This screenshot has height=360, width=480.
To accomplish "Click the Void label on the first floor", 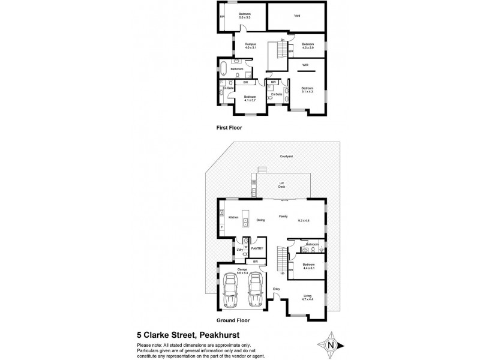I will coord(297,16).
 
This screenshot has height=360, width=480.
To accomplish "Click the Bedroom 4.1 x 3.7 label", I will coord(250,98).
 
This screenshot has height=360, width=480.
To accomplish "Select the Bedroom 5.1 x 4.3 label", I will coord(307,90).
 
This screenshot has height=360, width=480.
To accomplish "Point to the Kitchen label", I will coord(233,217).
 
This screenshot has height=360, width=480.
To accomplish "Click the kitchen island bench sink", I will coord(245,224).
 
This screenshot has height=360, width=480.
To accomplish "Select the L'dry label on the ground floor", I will coord(239,250).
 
